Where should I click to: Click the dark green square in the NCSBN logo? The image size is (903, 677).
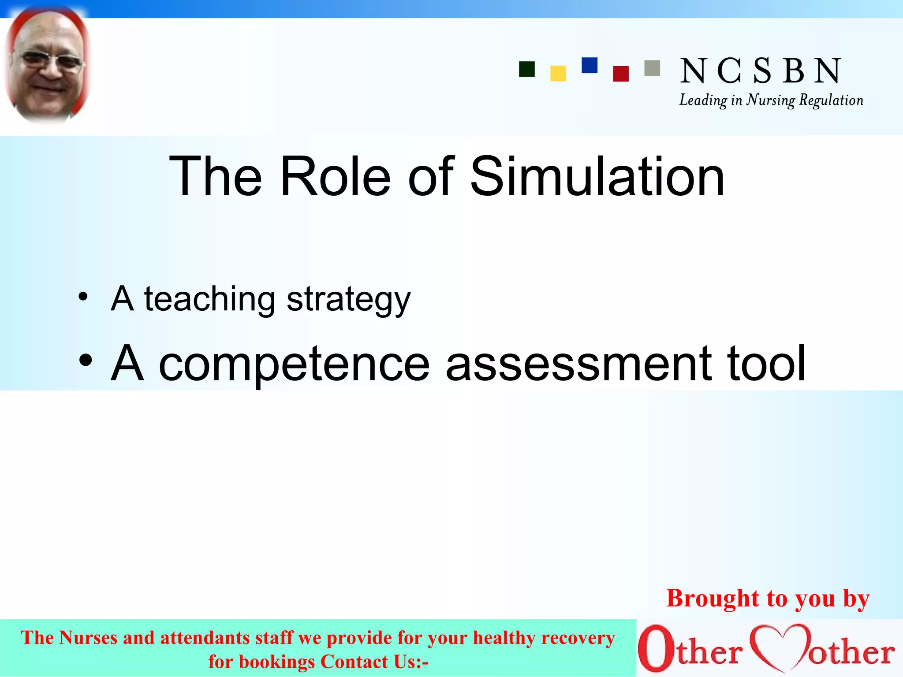coord(527,69)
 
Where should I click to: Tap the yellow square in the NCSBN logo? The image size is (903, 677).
coord(558,74)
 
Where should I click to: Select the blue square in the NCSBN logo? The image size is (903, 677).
coord(590,65)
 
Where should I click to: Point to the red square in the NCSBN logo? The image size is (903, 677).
coord(621,74)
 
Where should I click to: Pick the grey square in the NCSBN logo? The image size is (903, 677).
coord(652,68)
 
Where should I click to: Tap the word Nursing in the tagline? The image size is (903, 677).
coord(770,100)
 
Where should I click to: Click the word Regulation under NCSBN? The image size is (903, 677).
coord(831,100)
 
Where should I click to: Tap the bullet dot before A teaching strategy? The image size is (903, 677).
coord(83,297)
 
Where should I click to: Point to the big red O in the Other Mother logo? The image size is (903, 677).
coord(656,648)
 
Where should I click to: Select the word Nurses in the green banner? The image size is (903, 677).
coord(88,638)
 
